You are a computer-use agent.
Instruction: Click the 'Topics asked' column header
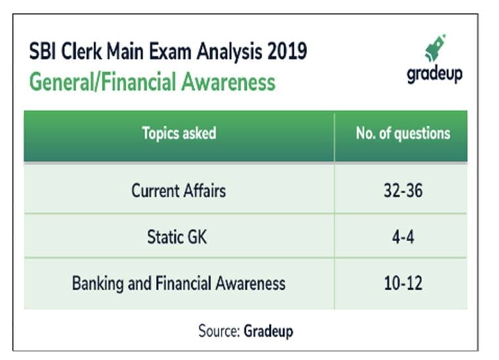179,133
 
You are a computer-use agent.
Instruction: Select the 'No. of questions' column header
402,133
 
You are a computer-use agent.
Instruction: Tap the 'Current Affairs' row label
178,191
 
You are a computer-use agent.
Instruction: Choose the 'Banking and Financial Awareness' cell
178,283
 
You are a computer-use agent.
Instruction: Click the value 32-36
402,191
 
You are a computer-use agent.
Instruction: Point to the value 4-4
402,237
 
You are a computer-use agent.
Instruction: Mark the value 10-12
402,283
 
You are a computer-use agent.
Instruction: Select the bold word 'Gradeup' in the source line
268,330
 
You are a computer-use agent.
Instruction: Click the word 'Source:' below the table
219,330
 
